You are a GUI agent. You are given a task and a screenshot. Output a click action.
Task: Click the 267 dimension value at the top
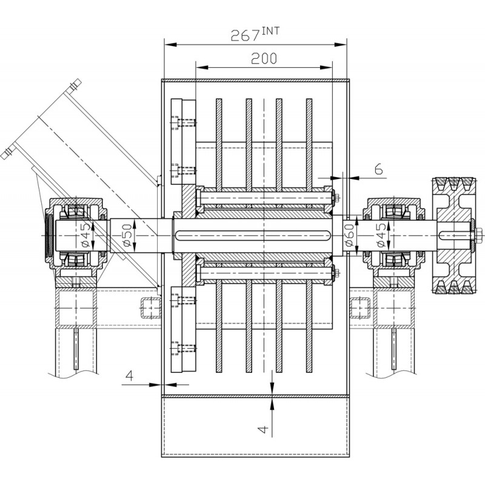[245, 35]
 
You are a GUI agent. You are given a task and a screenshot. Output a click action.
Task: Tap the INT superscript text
[270, 31]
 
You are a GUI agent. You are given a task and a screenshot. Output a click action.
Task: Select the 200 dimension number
[264, 58]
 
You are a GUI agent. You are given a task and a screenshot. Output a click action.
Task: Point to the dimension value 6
[378, 169]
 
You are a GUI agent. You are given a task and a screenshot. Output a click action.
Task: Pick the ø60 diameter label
[349, 235]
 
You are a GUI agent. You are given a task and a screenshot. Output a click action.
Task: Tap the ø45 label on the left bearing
[86, 235]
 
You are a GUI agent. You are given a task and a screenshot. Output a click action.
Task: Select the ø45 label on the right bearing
[381, 235]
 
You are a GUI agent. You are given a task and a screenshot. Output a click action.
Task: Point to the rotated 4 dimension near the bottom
[263, 429]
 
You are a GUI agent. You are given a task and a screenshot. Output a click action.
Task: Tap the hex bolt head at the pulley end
[478, 235]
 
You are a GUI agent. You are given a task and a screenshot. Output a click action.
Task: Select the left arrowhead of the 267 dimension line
[171, 44]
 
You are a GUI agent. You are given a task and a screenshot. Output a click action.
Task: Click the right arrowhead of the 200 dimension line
[326, 67]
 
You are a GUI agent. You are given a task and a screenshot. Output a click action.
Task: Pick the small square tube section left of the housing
[152, 308]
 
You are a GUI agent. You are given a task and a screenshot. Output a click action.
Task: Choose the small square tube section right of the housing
[360, 308]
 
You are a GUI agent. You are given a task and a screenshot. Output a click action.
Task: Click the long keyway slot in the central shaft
[252, 235]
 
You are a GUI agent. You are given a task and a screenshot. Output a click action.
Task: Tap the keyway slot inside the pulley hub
[455, 235]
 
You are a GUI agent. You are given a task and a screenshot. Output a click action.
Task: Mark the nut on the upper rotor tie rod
[336, 198]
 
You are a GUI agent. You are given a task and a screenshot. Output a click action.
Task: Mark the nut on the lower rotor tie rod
[336, 273]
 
